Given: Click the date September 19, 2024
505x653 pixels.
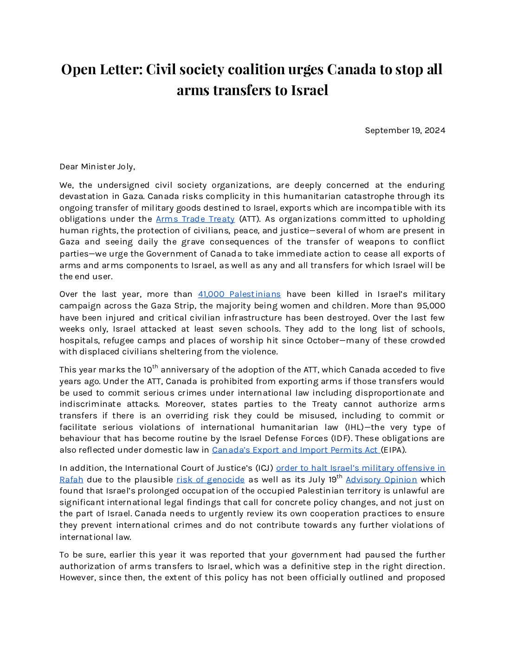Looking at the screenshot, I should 405,130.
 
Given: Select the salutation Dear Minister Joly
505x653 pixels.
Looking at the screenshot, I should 97,166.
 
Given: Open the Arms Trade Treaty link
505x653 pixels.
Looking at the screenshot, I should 195,219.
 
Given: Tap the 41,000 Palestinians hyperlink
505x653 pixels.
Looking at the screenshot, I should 239,294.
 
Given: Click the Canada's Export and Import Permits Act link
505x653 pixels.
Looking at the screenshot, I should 296,450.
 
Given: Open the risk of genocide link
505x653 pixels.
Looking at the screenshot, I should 210,480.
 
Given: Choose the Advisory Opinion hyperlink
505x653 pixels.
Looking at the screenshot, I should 381,480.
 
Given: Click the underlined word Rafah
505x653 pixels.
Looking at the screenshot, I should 71,480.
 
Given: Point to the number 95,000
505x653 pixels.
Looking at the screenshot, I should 431,306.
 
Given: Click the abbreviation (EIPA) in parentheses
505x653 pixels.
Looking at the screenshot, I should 394,450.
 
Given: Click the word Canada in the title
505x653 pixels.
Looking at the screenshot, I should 351,69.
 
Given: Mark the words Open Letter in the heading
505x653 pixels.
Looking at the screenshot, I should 101,69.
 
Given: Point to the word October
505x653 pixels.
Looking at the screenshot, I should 323,340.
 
